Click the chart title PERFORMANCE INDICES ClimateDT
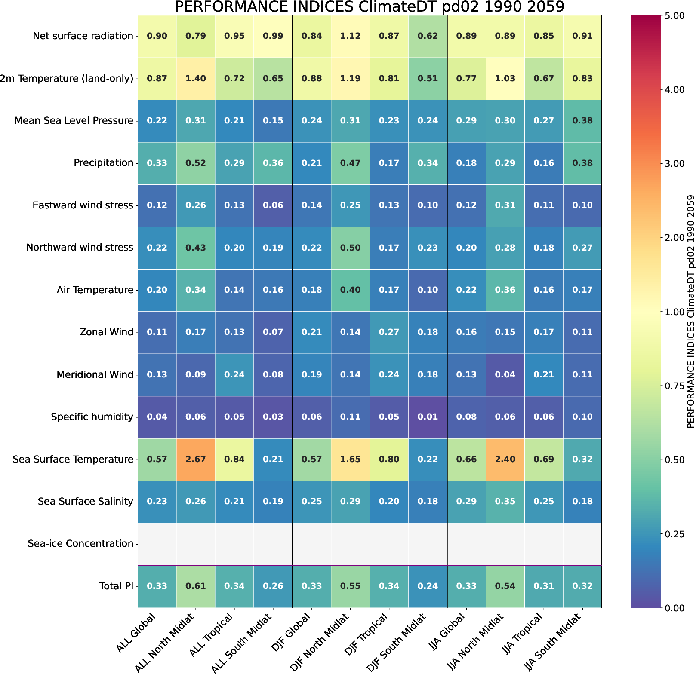click(370, 7)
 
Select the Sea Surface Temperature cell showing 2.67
click(196, 459)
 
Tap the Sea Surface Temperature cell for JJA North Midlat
click(505, 459)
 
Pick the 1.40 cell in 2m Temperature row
click(196, 78)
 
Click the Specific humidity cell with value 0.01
click(428, 417)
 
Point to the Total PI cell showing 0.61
click(196, 586)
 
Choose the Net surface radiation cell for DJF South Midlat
click(428, 36)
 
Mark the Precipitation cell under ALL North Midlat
click(196, 163)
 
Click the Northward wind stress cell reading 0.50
click(350, 248)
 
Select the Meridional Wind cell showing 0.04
click(505, 374)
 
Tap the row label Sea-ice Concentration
click(80, 544)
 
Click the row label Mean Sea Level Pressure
click(74, 121)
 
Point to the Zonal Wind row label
click(106, 332)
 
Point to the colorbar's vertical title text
click(690, 312)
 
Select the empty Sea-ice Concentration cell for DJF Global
click(311, 544)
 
